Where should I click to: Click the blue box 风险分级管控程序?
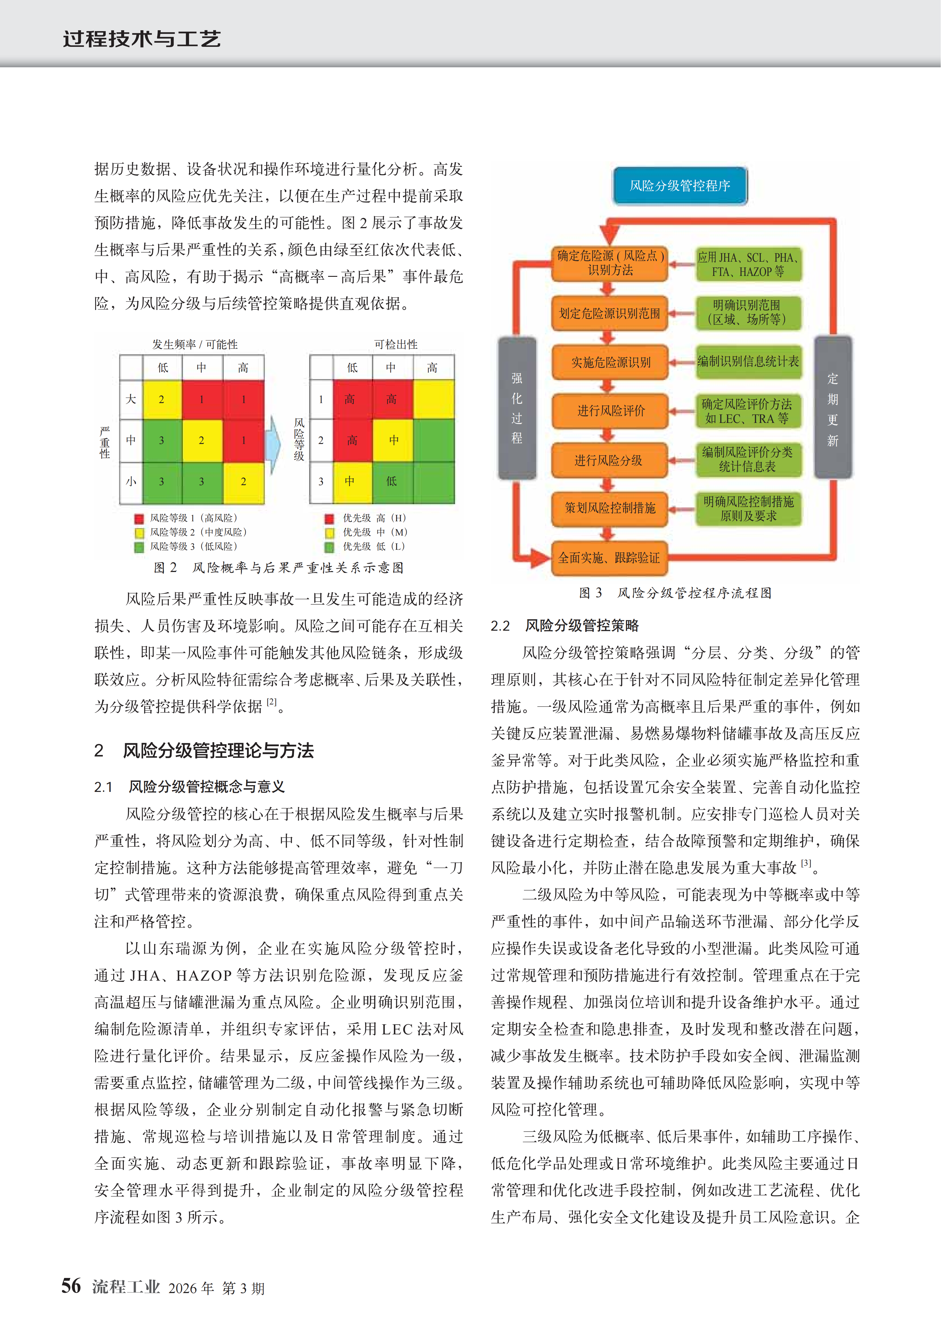(x=680, y=186)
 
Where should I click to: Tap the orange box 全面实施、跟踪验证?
(x=609, y=558)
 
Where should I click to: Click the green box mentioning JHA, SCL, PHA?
(x=748, y=264)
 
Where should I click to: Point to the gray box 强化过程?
(x=517, y=408)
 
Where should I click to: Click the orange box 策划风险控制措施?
(x=610, y=508)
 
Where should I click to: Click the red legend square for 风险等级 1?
(x=139, y=518)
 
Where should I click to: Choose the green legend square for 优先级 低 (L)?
(x=329, y=547)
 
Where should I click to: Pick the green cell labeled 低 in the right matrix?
(x=392, y=481)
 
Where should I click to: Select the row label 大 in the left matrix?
(x=131, y=399)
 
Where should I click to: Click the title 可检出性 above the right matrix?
(x=395, y=344)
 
